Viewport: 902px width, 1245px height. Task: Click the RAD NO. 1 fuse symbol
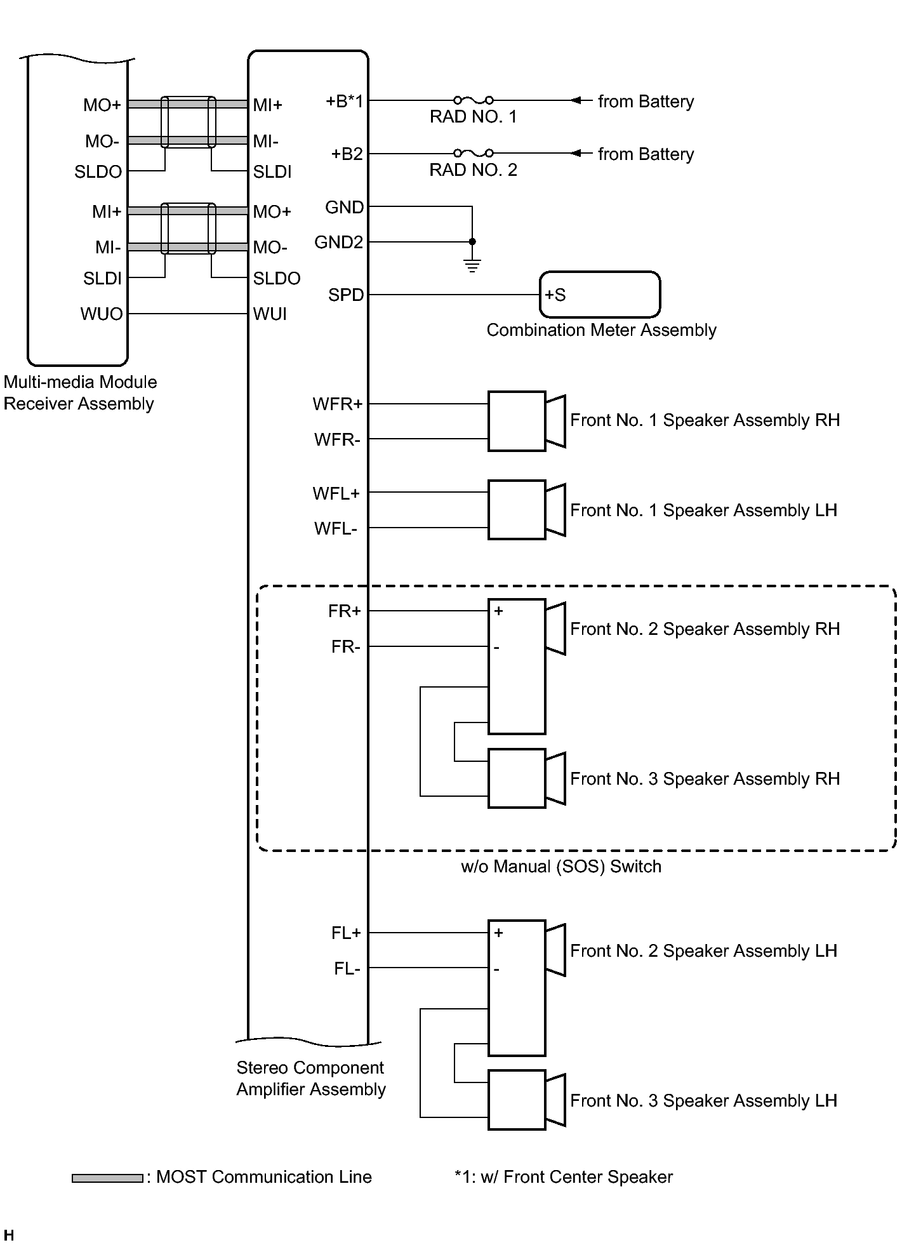coord(474,100)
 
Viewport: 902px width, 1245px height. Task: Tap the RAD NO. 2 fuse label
coord(473,170)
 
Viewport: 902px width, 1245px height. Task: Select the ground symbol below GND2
coord(472,266)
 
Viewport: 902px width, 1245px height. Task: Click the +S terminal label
coord(555,295)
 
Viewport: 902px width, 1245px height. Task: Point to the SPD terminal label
coord(346,295)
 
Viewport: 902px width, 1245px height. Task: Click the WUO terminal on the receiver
coord(102,314)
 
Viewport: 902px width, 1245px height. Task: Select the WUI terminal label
coord(270,314)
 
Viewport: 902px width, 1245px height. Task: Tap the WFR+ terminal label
coord(337,404)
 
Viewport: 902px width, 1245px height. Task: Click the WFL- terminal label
coord(336,529)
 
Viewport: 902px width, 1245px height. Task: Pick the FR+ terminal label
coord(345,611)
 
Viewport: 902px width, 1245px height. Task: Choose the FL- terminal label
coord(347,969)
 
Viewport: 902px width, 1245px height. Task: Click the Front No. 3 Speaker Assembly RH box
coord(517,778)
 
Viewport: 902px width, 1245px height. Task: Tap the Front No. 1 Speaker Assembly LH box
coord(517,510)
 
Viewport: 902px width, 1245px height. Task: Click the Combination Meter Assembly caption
coord(601,330)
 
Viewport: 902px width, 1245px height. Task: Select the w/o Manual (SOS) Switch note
coord(561,867)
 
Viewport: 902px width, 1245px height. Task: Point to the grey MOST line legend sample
coord(107,1178)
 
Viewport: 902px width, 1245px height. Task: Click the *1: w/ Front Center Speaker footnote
coord(564,1177)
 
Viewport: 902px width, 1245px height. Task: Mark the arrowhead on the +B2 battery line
coord(576,153)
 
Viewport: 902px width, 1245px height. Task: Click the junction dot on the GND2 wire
coord(472,242)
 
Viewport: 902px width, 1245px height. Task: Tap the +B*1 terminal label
coord(345,102)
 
